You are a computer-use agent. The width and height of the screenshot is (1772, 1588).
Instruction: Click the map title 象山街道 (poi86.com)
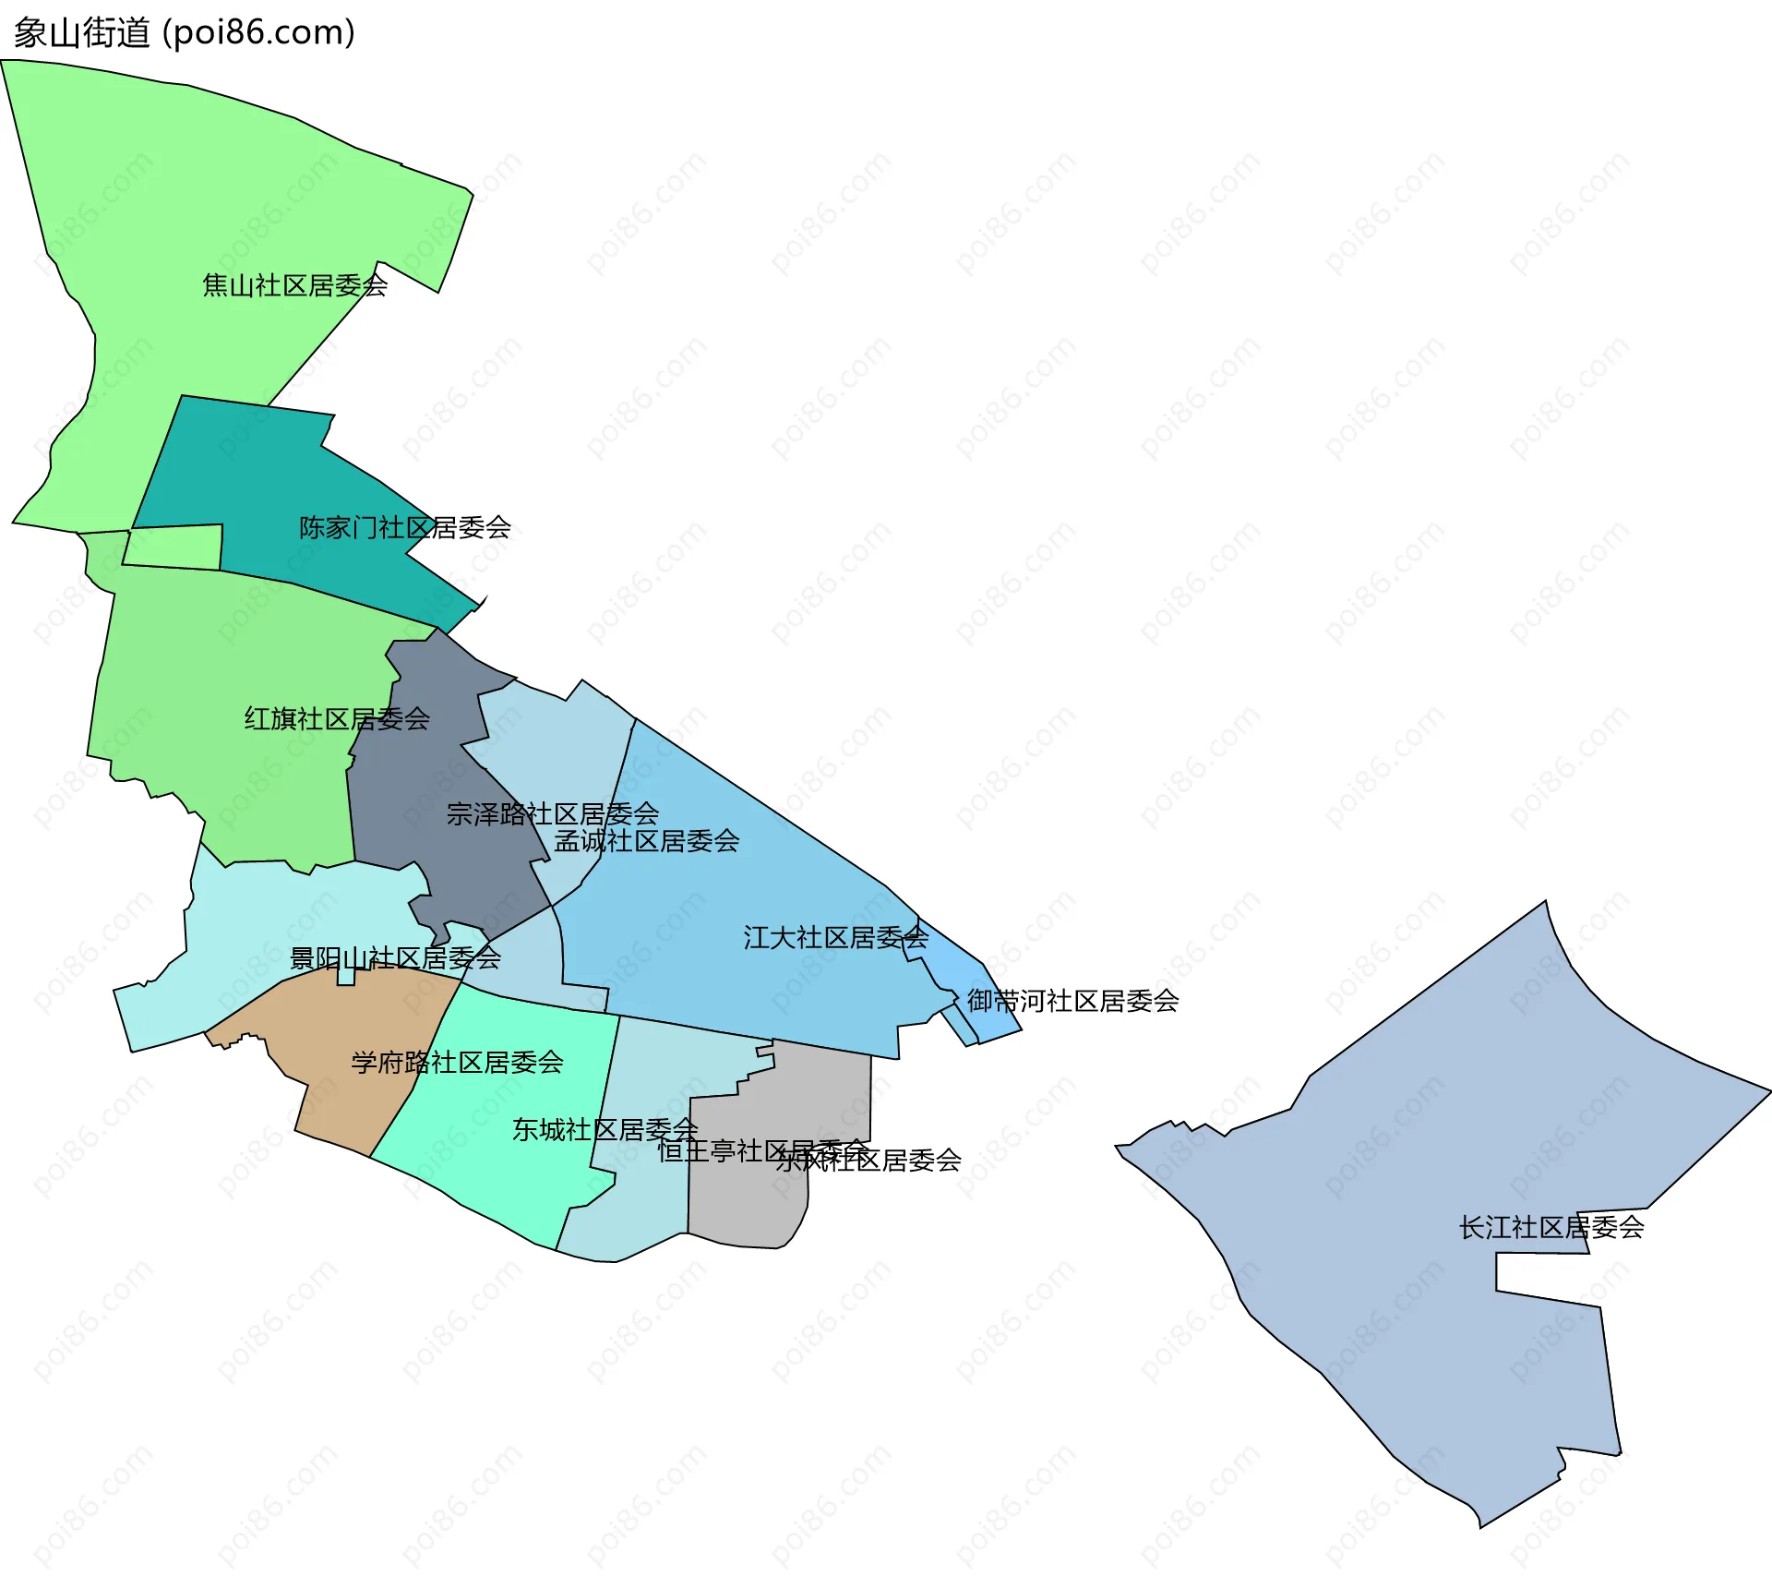pyautogui.click(x=185, y=33)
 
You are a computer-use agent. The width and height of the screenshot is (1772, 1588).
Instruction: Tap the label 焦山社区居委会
pyautogui.click(x=294, y=285)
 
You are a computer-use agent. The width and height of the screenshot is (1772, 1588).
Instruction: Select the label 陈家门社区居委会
pyautogui.click(x=404, y=527)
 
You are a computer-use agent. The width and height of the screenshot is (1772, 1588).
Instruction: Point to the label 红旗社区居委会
pyautogui.click(x=337, y=718)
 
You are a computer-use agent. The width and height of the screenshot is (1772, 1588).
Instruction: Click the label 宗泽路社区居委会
pyautogui.click(x=552, y=813)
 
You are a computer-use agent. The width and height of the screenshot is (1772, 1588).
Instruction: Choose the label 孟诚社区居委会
pyautogui.click(x=646, y=841)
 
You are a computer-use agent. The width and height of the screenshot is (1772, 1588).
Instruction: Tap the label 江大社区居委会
pyautogui.click(x=835, y=938)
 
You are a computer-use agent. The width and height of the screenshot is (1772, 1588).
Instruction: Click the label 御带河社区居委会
pyautogui.click(x=1072, y=1001)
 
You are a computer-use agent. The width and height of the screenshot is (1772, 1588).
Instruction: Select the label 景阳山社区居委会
pyautogui.click(x=395, y=958)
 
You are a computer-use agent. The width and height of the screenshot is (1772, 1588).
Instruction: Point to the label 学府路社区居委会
pyautogui.click(x=457, y=1063)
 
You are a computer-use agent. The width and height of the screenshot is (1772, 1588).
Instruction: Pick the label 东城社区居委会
pyautogui.click(x=605, y=1129)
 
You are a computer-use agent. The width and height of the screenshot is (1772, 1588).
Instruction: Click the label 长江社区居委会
pyautogui.click(x=1550, y=1227)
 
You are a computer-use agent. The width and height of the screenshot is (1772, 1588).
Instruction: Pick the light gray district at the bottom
pyautogui.click(x=748, y=1200)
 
